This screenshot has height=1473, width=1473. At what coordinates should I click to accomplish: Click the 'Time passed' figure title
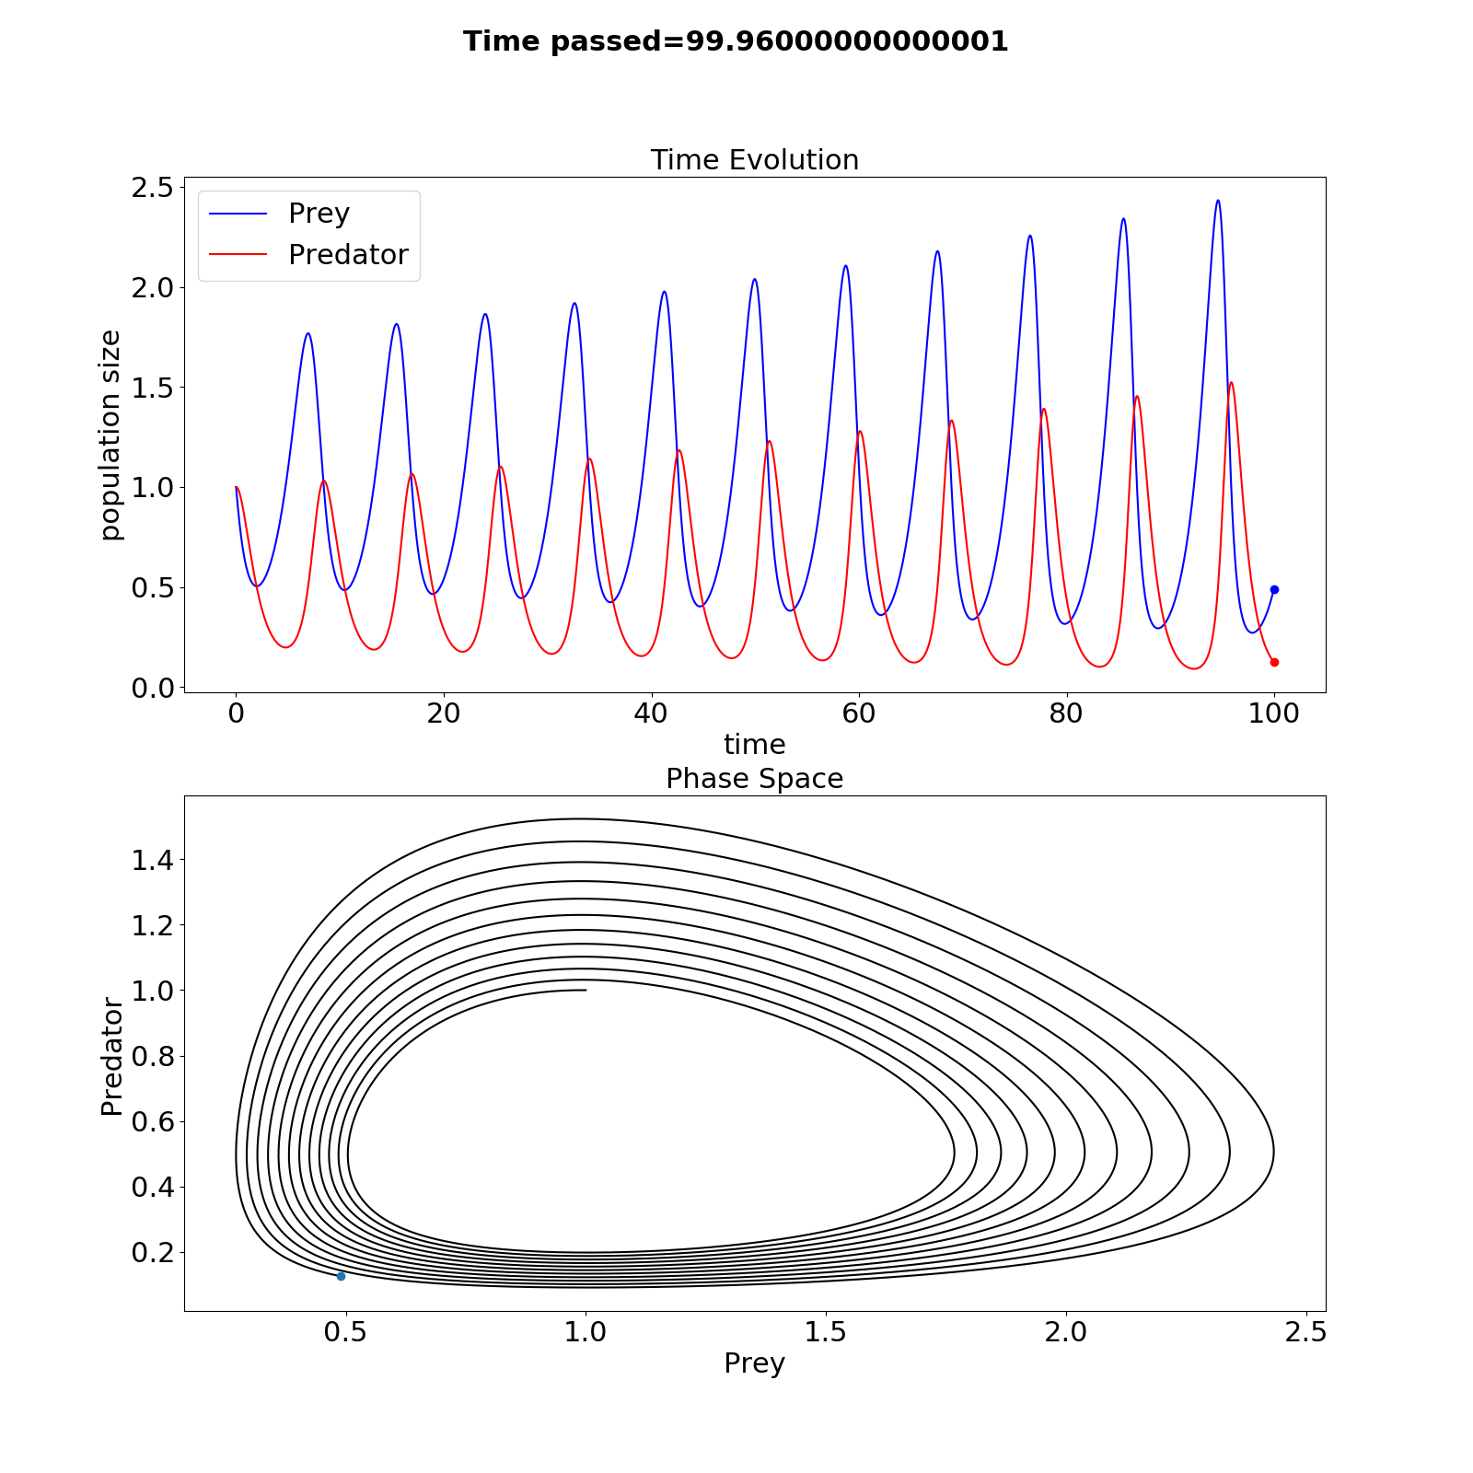pos(736,41)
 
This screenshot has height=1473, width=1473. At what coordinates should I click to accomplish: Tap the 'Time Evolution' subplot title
pos(754,160)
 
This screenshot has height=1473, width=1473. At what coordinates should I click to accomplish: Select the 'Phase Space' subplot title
pos(754,779)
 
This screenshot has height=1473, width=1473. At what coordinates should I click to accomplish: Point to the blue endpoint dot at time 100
pos(1274,589)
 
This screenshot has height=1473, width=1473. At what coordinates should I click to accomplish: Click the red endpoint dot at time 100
pos(1274,662)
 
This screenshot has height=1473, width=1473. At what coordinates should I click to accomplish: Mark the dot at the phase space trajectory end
pos(341,1276)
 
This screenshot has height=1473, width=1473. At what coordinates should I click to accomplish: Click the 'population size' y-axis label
pos(110,435)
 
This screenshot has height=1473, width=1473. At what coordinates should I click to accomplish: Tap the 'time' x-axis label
pos(754,744)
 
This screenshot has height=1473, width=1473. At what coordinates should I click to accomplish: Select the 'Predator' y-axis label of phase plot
pos(111,1056)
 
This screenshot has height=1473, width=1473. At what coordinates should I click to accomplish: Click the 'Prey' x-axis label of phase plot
pos(754,1363)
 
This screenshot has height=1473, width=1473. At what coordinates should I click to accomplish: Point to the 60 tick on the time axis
pos(859,713)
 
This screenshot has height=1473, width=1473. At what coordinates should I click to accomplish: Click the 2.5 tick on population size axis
pos(153,188)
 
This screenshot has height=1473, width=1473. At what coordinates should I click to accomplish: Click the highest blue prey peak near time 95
pos(1218,201)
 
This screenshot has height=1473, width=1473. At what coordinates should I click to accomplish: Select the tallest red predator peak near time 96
pos(1231,383)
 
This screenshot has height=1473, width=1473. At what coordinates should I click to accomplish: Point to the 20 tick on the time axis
pos(444,713)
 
